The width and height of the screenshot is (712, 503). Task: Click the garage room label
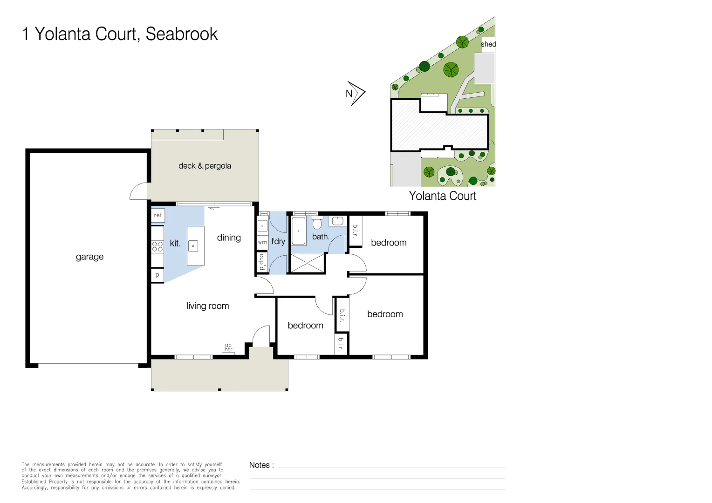point(89,257)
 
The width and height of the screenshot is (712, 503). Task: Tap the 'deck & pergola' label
point(205,166)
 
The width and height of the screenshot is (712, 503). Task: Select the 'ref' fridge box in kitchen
point(157,215)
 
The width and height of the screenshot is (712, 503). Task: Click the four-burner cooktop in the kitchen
point(157,246)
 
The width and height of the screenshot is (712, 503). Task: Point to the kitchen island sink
point(193,246)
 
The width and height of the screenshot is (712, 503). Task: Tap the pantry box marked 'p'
point(157,275)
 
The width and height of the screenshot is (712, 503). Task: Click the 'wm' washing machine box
point(262,242)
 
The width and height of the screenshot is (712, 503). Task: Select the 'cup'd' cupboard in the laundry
point(262,261)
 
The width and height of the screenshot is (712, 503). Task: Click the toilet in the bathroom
point(317,222)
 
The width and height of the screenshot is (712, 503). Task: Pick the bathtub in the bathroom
point(299,231)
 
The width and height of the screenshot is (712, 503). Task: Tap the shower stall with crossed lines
point(308,263)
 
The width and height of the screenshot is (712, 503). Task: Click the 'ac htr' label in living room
point(228,347)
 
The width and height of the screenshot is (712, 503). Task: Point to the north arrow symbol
point(356,94)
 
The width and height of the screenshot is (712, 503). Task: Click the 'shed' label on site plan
point(488,44)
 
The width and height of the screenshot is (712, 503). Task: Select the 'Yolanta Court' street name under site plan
point(443,196)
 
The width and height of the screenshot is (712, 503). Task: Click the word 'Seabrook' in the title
point(182,34)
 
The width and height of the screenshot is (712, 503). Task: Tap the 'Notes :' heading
point(261,465)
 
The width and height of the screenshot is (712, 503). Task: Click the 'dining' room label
point(229,238)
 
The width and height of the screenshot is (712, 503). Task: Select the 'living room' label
point(207,306)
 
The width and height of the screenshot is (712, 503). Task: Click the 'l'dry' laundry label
point(278,242)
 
